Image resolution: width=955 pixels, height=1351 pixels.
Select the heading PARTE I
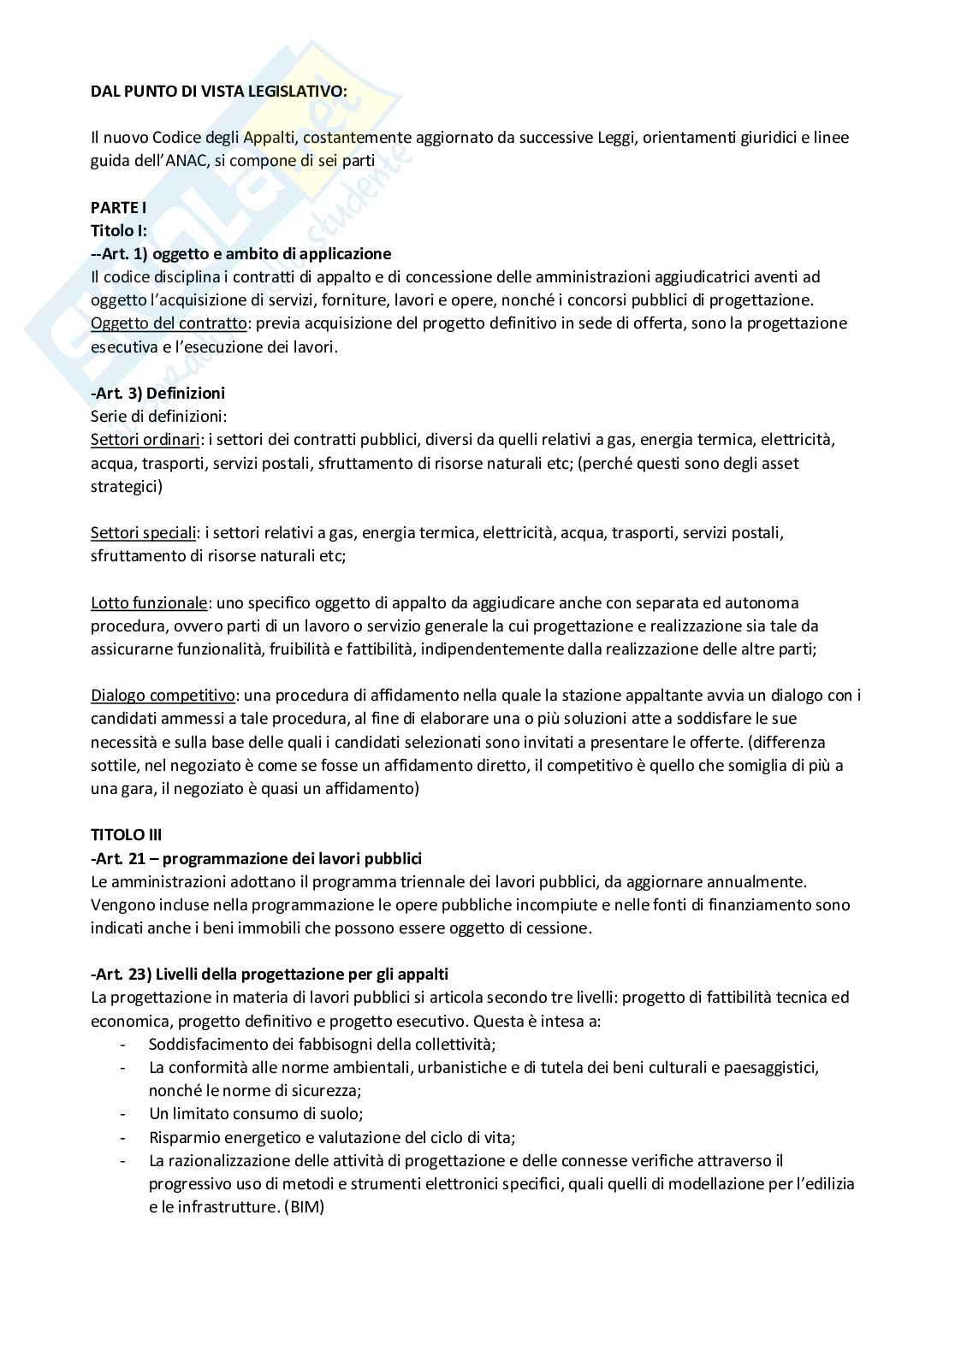point(119,207)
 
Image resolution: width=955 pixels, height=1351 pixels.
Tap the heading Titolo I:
point(119,230)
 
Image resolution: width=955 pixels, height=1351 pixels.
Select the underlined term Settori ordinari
point(143,440)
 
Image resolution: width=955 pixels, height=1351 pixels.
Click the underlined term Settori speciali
point(143,533)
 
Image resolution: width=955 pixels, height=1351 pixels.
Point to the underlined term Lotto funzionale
point(148,602)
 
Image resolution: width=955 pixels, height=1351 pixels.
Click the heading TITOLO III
point(126,835)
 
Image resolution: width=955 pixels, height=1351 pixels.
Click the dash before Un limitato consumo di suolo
point(125,1115)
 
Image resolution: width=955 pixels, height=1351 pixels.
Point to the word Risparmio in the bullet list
point(181,1138)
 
